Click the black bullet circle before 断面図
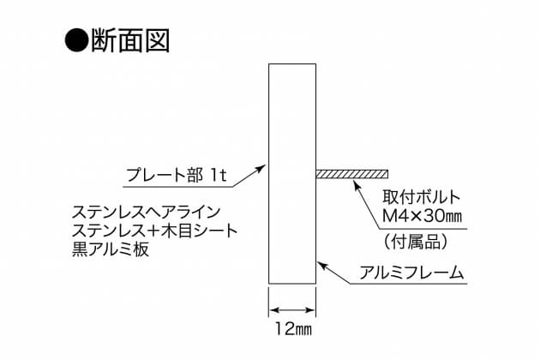(76, 40)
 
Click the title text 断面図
(130, 40)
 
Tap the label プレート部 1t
(177, 175)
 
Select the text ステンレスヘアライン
(146, 213)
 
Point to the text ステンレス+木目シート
(154, 231)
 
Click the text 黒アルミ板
(111, 249)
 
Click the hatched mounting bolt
(352, 174)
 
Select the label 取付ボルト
(421, 197)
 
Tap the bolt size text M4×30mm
(422, 216)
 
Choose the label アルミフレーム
(411, 273)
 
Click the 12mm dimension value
(293, 328)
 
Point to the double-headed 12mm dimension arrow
(292, 310)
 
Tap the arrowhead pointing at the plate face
(261, 168)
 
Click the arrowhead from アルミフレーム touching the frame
(321, 265)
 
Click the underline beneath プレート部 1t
(177, 187)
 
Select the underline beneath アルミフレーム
(409, 284)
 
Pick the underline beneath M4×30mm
(423, 229)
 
